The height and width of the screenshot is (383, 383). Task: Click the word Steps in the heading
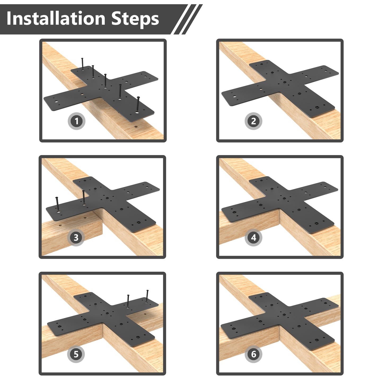pos(135,19)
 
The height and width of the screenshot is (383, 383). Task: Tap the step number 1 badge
pos(77,121)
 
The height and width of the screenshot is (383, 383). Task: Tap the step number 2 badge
pos(253,121)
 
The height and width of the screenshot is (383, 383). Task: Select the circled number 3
pos(76,238)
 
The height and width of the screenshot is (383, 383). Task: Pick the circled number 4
pos(253,238)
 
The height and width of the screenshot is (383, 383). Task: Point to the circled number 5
pos(76,354)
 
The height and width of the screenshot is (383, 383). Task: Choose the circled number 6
pos(253,354)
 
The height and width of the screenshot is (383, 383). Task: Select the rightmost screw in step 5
pos(147,295)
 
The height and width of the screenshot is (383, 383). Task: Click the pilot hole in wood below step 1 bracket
pos(135,127)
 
